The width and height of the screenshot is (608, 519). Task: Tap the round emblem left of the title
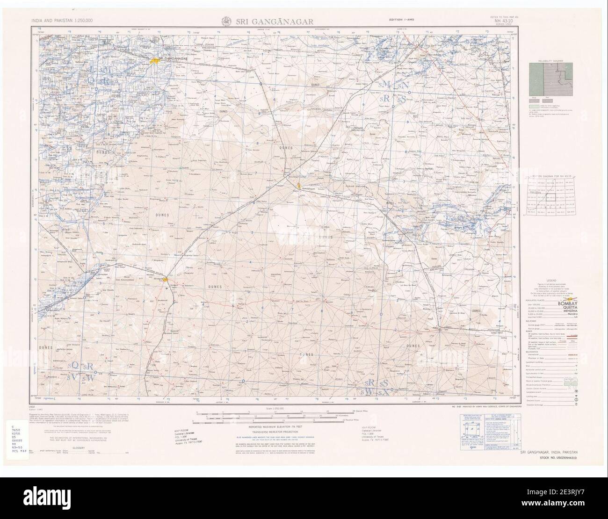point(224,20)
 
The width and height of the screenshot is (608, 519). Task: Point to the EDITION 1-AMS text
point(401,21)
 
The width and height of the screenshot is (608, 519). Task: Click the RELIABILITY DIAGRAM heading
point(550,61)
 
